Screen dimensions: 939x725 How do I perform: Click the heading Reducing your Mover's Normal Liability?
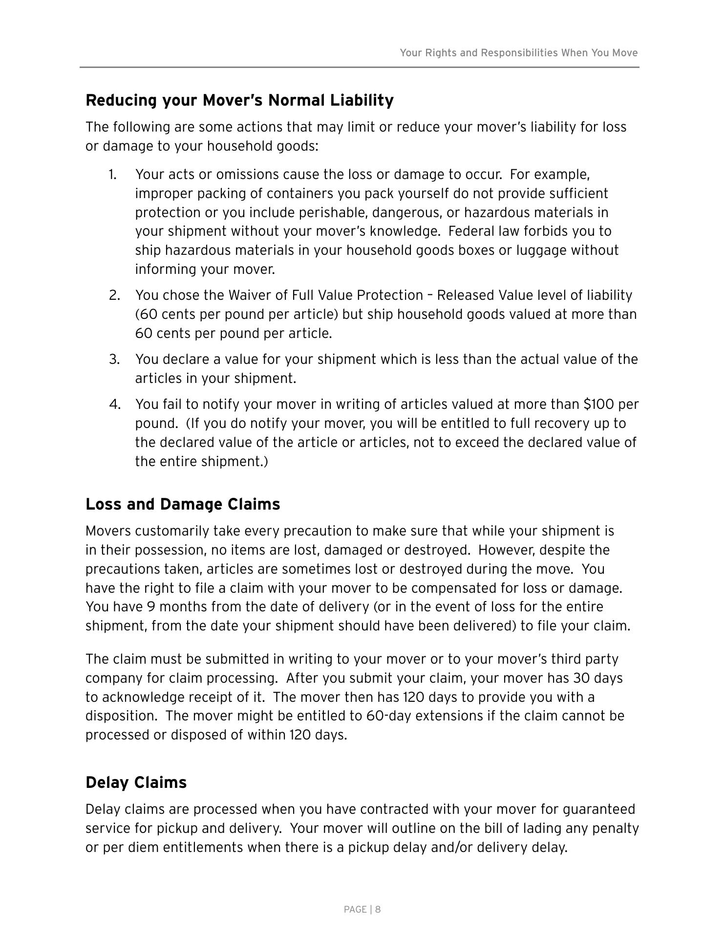click(239, 100)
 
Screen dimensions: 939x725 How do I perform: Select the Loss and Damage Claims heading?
click(183, 504)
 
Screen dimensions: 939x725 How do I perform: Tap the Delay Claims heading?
click(136, 782)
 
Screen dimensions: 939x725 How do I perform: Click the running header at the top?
click(518, 53)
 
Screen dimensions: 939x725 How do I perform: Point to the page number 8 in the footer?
click(378, 910)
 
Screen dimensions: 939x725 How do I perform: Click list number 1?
click(112, 175)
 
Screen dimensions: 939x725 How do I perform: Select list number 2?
click(114, 295)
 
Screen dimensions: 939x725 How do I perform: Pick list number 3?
click(114, 359)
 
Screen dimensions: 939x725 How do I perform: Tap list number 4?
click(114, 404)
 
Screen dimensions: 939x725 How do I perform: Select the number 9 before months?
click(151, 607)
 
